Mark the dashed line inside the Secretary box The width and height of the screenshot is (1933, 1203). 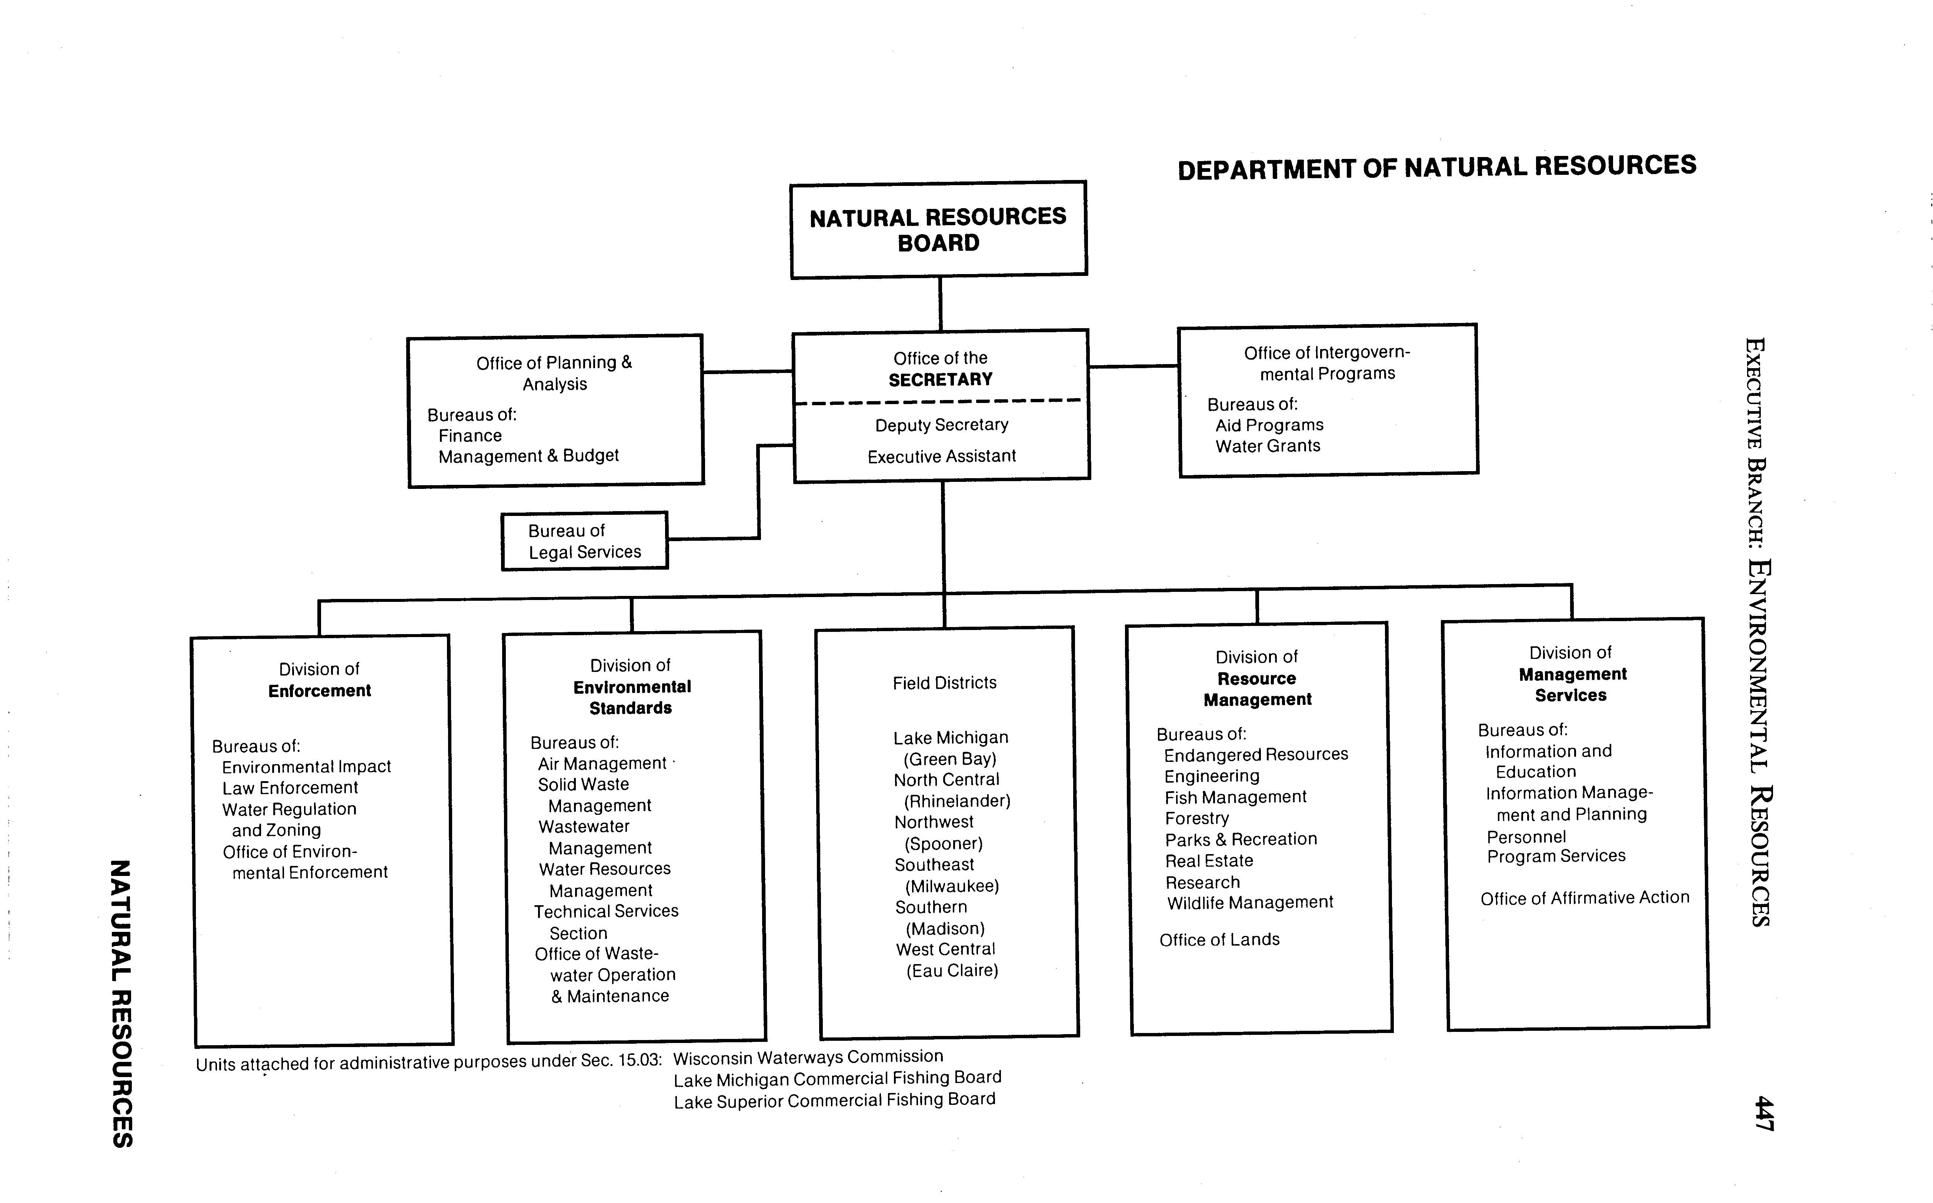939,402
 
